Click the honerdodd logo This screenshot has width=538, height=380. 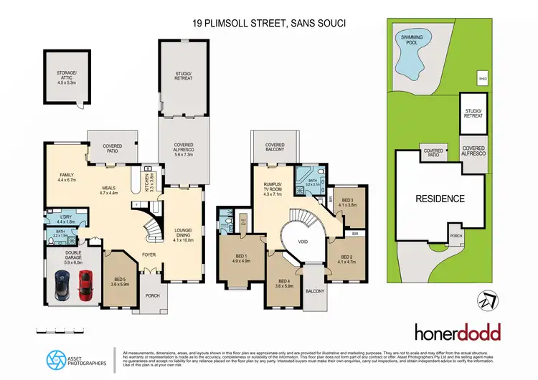click(458, 332)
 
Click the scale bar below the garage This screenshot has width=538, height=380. click(56, 331)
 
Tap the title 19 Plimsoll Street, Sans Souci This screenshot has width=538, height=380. click(269, 23)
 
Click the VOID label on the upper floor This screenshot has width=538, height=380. click(303, 242)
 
